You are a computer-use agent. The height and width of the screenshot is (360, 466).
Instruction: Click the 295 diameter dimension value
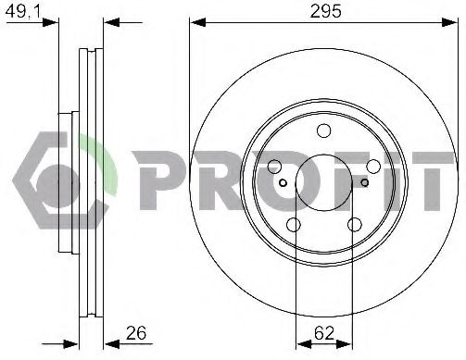pos(325,11)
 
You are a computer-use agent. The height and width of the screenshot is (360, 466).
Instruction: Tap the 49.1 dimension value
pos(23,11)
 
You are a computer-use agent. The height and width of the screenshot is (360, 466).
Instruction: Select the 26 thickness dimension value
pos(136,333)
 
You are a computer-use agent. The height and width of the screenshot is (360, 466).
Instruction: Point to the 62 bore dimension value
pos(324,333)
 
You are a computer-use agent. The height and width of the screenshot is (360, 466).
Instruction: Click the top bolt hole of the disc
pos(323,130)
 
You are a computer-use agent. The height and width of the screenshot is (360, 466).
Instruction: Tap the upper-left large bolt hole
pos(274,167)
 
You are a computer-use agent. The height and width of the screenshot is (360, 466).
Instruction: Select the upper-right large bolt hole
pos(373,167)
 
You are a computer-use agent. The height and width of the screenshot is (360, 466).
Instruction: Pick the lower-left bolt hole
pos(294,225)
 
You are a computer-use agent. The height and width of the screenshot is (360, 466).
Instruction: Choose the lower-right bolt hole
pos(355,225)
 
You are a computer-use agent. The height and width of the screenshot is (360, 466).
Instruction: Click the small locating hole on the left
pos(283,183)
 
